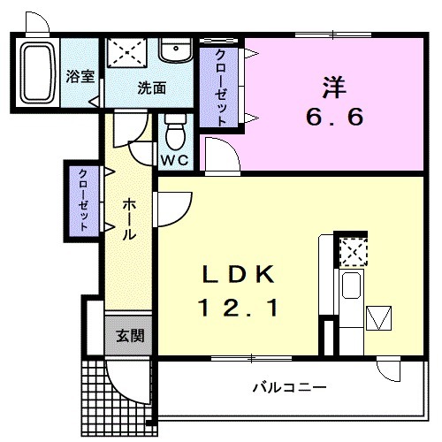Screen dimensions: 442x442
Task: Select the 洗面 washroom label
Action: point(151,88)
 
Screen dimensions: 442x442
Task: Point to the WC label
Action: point(173,161)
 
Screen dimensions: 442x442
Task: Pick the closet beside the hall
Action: point(82,200)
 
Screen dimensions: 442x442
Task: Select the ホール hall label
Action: point(129,219)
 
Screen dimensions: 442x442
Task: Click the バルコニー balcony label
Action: point(289,387)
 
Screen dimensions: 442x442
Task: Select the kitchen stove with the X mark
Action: point(352,252)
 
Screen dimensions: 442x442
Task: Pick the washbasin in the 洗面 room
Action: point(176,50)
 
